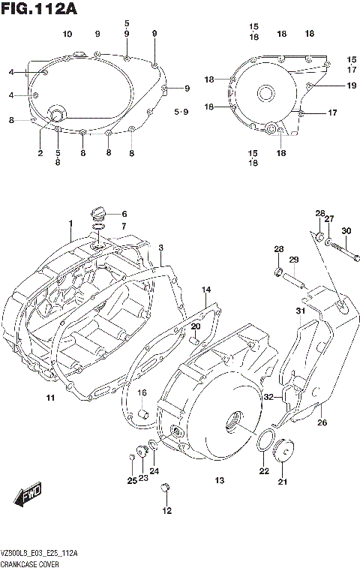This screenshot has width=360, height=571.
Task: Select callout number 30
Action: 346,230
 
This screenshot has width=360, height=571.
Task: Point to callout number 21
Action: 283,481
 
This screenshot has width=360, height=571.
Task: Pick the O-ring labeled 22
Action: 264,443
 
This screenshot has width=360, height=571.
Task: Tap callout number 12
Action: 166,511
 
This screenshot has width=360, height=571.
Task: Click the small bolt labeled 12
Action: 166,488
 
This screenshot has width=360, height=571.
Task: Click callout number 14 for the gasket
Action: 206,290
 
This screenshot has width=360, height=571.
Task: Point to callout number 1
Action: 70,224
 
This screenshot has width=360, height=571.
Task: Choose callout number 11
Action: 49,397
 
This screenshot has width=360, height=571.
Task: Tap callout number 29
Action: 294,260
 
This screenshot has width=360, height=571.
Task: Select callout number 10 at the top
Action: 67,35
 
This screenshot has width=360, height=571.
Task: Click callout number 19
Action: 351,86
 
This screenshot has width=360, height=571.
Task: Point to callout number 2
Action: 40,153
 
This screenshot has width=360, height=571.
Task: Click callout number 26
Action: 322,422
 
